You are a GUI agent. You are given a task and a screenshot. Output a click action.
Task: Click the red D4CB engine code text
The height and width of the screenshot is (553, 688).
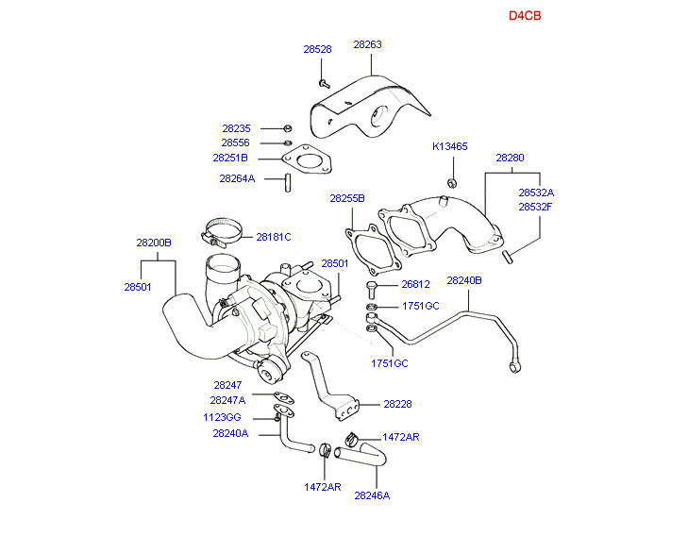[525, 16]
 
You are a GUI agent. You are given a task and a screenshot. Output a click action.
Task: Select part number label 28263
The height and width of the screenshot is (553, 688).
[368, 44]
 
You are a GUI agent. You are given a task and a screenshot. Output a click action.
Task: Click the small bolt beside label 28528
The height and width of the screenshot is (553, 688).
[324, 85]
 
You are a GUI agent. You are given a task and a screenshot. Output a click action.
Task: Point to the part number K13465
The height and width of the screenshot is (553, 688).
[450, 147]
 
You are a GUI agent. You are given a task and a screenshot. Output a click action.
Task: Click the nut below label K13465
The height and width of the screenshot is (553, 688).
[452, 182]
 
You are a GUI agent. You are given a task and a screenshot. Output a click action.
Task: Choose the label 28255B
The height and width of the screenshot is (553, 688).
[347, 199]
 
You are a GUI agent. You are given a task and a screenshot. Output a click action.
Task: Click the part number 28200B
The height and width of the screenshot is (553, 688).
[154, 243]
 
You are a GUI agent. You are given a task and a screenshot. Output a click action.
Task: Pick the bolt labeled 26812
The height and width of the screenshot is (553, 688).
[372, 285]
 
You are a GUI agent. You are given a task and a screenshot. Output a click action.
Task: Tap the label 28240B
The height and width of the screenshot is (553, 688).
[464, 281]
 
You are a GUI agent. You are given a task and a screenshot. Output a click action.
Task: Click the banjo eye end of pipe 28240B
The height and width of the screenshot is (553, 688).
[514, 364]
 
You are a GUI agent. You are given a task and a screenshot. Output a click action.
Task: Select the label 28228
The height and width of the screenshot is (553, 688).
[397, 404]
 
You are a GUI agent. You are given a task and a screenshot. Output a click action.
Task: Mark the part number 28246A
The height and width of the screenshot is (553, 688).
[372, 494]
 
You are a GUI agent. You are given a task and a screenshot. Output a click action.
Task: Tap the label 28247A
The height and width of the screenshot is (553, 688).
[227, 400]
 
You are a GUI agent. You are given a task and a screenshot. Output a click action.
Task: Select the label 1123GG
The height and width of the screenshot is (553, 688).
[223, 416]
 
